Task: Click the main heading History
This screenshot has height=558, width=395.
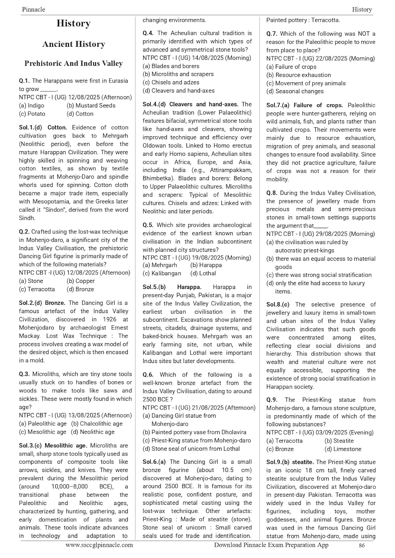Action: click(73, 23)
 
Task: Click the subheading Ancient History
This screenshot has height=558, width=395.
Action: click(73, 44)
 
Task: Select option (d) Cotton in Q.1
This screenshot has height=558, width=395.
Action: click(80, 114)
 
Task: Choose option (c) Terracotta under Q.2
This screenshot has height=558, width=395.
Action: click(37, 289)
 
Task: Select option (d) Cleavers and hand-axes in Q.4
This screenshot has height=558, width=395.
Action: click(178, 91)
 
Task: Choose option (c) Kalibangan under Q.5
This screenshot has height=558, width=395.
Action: click(162, 273)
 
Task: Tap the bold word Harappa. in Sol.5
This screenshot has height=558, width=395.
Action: click(189, 287)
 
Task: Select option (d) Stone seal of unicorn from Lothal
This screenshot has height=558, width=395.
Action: click(191, 449)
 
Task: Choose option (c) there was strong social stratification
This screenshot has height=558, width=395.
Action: click(319, 275)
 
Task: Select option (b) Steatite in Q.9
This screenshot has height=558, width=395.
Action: click(339, 441)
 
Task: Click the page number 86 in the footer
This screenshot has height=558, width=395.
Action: click(361, 546)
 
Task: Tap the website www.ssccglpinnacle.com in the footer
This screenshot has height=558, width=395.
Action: click(99, 545)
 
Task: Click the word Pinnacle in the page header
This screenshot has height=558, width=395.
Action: click(34, 9)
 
